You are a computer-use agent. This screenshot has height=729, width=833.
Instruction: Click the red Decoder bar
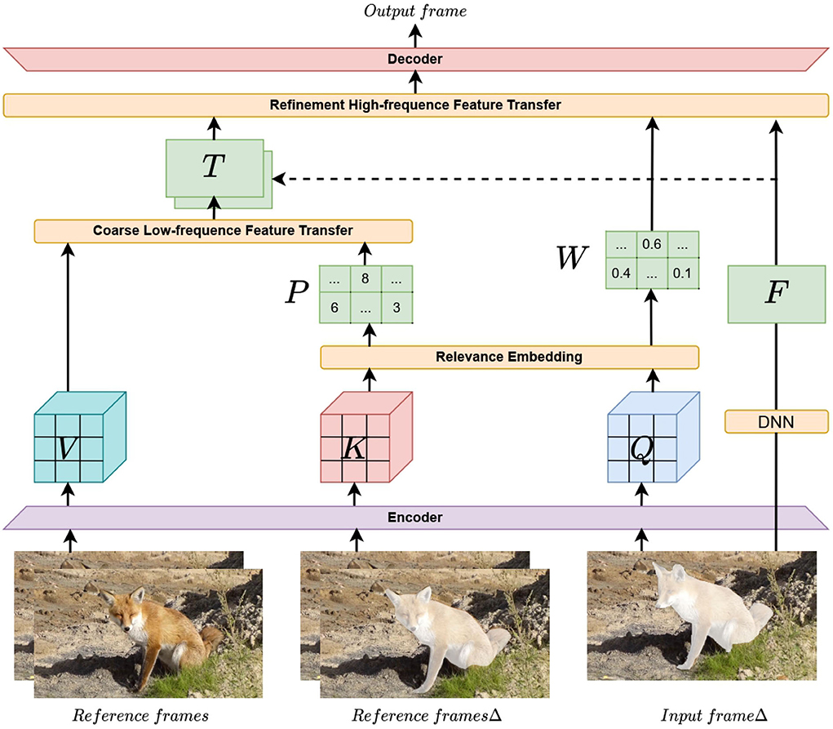(x=416, y=59)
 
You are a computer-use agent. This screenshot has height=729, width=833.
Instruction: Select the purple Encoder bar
(x=416, y=518)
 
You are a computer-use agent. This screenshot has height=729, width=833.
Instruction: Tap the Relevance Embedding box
(x=509, y=357)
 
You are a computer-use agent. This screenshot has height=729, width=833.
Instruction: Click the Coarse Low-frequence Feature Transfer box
(x=222, y=230)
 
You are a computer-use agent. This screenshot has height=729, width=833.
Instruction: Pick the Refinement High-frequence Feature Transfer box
(x=416, y=104)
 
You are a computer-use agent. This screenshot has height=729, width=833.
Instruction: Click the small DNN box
(x=776, y=421)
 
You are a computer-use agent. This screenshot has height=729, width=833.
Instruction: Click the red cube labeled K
(x=355, y=446)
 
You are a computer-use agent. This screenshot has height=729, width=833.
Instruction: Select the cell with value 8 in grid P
(x=366, y=278)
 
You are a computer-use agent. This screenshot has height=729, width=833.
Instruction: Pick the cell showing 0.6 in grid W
(x=651, y=244)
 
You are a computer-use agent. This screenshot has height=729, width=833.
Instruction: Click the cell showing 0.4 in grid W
(x=622, y=273)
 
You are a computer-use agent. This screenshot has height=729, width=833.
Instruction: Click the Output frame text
(x=416, y=11)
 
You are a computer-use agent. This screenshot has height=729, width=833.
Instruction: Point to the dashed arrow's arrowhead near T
(x=278, y=179)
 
